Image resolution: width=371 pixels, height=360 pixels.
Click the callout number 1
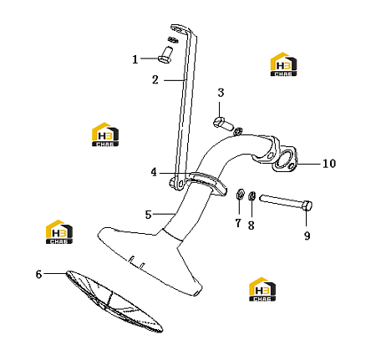135,59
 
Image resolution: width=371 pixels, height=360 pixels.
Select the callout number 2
155,80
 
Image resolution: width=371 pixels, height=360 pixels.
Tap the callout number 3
221,93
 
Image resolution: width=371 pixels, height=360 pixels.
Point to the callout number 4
154,172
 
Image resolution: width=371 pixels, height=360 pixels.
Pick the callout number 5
148,215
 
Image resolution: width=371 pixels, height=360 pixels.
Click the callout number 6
38,274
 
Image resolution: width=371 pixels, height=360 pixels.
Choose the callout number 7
238,223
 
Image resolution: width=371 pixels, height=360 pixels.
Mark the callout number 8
252,226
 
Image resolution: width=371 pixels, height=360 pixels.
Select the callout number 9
307,236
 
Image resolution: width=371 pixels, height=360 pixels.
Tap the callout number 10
329,164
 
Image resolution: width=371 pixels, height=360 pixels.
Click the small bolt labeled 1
165,54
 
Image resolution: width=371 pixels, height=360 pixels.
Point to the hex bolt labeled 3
223,124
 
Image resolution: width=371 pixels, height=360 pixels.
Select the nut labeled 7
240,194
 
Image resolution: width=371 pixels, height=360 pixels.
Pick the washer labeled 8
252,195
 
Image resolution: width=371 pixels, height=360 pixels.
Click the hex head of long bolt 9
307,205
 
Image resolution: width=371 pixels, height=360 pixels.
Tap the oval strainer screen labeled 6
114,302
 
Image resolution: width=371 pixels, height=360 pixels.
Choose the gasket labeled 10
285,159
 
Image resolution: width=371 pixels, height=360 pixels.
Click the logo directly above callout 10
283,64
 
